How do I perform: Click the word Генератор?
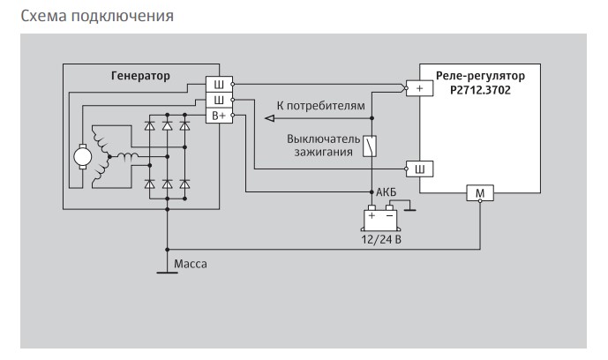140,76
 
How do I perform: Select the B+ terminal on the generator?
217,116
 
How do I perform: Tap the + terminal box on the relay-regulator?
419,89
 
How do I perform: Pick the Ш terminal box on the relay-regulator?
419,168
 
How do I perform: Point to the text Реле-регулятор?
479,76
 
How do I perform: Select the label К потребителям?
319,106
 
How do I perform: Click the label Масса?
190,263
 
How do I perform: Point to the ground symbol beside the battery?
409,209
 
